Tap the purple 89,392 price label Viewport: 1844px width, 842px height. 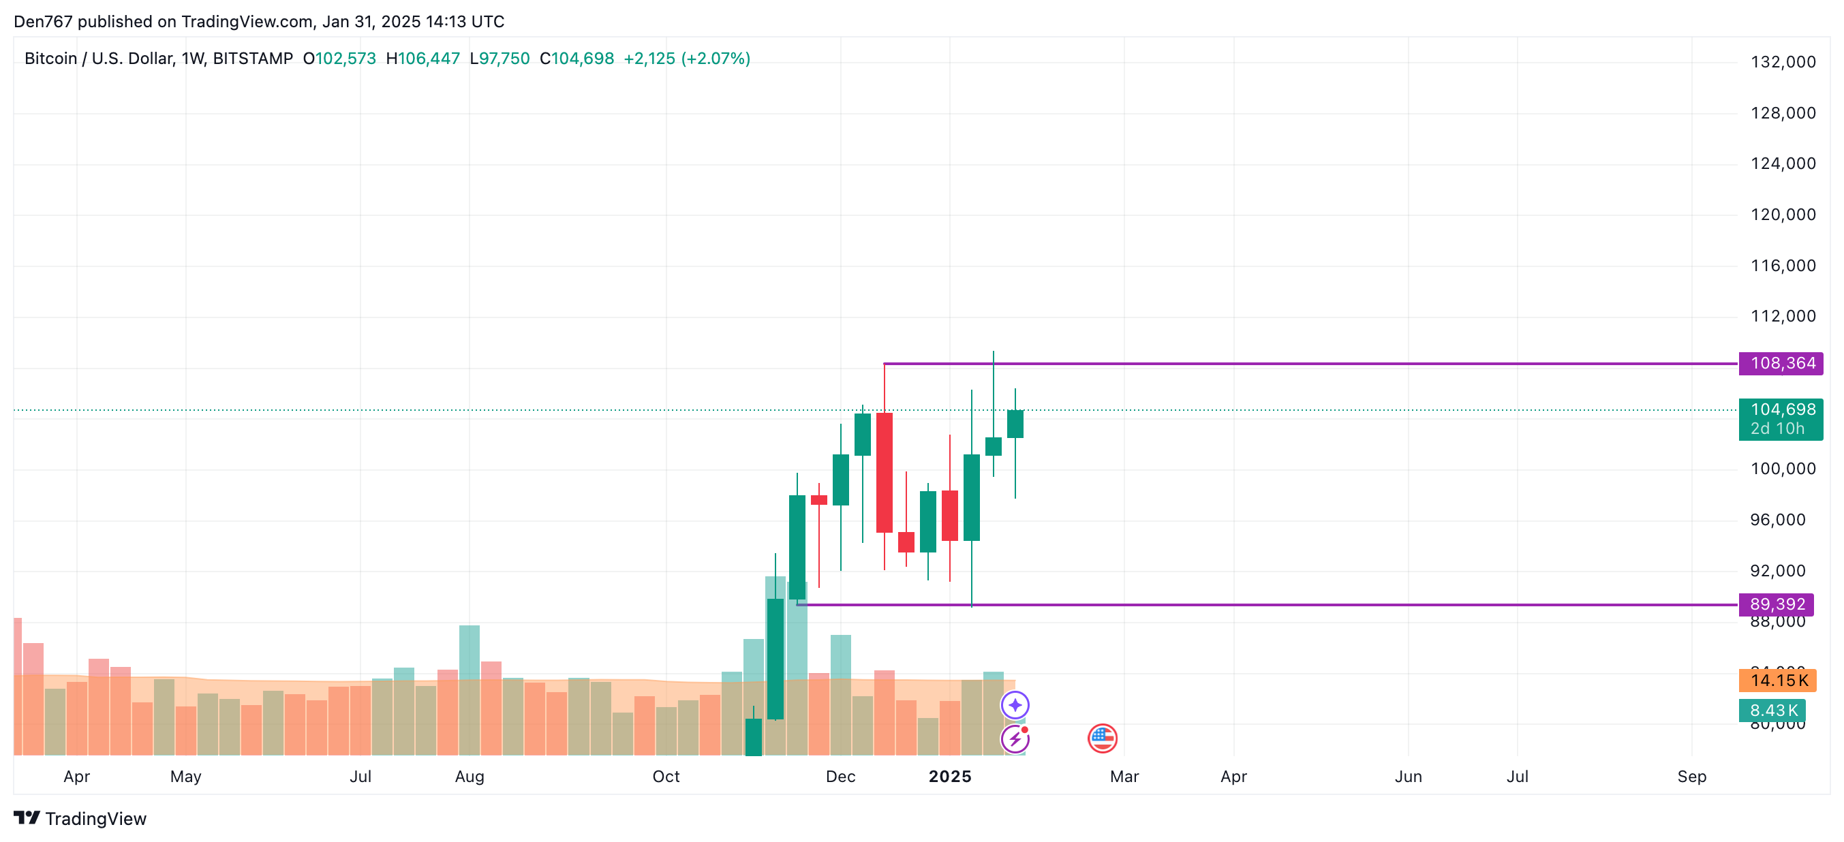(x=1777, y=604)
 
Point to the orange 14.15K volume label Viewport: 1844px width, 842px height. (x=1778, y=681)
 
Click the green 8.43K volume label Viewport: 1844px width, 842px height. (x=1772, y=711)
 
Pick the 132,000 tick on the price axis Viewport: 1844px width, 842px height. (x=1783, y=62)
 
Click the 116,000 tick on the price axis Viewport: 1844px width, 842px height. (x=1783, y=266)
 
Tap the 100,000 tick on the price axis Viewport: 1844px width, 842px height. (x=1783, y=469)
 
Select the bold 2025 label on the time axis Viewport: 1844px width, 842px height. (x=949, y=777)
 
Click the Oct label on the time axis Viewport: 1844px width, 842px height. (x=666, y=777)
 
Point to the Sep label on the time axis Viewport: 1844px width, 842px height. (x=1691, y=777)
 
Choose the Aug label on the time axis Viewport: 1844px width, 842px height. (x=470, y=777)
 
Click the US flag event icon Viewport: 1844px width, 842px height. (x=1102, y=738)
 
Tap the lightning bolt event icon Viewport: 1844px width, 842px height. (x=1015, y=739)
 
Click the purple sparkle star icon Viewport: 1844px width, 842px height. (x=1015, y=705)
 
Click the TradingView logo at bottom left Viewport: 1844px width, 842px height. (x=80, y=818)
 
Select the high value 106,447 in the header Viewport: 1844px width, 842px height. (x=428, y=59)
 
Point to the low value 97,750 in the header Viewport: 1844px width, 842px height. (x=504, y=59)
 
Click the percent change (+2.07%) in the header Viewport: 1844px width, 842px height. (x=715, y=59)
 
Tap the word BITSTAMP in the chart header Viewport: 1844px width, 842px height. (x=253, y=59)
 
